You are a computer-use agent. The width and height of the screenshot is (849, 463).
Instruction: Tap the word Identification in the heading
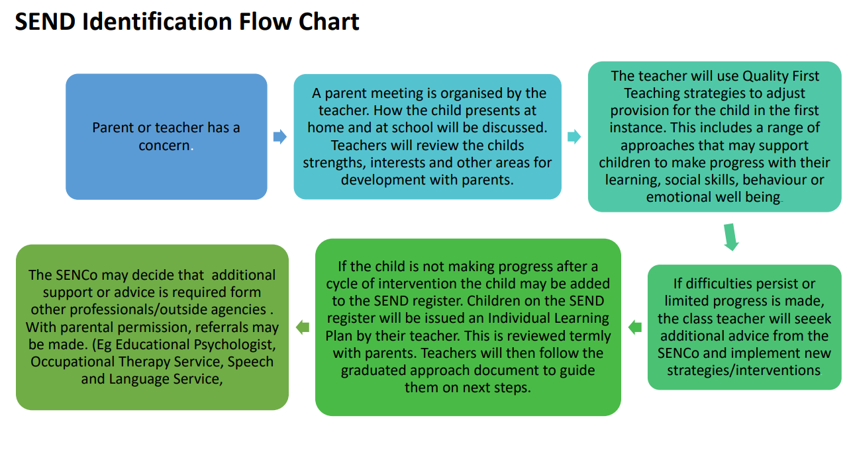[157, 21]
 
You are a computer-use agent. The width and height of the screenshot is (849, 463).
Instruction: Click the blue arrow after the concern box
[280, 137]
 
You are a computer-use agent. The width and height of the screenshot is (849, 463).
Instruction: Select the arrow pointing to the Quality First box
[574, 137]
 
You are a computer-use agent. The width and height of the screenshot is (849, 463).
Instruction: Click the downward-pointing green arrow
[731, 237]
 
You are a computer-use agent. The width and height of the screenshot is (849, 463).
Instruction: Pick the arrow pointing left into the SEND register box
[635, 327]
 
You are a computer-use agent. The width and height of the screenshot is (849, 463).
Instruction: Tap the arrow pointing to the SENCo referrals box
[303, 327]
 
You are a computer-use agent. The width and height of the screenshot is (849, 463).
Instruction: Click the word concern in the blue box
[164, 146]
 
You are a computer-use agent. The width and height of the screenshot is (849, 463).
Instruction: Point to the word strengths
[334, 163]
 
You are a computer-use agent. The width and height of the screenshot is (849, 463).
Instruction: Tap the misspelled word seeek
[813, 319]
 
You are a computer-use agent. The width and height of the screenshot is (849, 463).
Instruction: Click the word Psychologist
[235, 345]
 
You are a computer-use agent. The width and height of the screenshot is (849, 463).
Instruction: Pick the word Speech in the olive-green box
[250, 362]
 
